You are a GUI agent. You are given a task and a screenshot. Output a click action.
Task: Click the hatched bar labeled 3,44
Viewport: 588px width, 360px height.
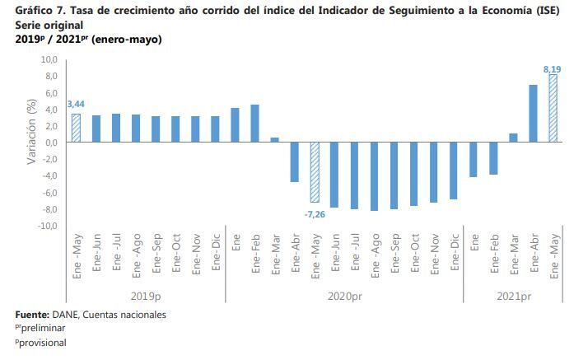(76, 128)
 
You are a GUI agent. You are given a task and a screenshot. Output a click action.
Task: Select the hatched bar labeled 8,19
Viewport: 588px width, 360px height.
(553, 108)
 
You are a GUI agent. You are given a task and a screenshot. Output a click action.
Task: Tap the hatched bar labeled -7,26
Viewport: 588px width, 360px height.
(315, 172)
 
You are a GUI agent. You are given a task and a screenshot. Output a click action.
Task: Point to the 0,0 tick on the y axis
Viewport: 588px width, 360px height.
(50, 143)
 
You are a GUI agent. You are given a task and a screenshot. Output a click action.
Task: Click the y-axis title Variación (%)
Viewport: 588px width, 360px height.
(30, 133)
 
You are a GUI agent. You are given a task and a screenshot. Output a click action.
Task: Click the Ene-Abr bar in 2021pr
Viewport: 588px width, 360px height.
(533, 113)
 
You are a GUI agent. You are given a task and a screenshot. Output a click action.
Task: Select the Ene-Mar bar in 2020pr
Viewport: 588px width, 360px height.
(274, 139)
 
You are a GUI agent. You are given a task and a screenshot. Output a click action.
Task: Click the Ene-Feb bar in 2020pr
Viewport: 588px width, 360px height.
(254, 123)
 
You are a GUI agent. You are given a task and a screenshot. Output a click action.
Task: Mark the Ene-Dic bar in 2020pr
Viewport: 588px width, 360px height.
(453, 171)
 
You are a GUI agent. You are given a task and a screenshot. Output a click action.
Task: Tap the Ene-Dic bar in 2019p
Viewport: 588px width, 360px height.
(215, 129)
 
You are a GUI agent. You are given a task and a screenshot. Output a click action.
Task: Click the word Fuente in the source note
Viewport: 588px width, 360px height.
(31, 314)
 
